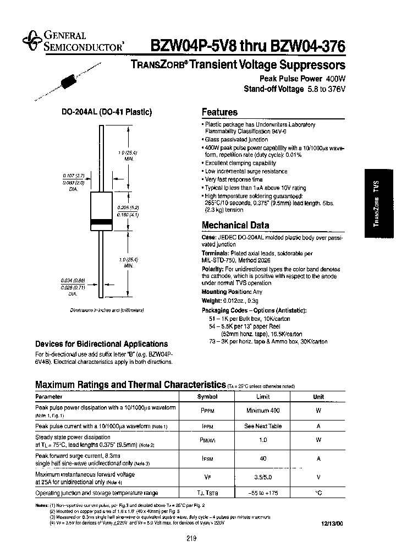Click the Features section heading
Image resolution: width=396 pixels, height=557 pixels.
coord(219,112)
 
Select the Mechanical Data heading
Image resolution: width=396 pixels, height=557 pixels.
coord(235,225)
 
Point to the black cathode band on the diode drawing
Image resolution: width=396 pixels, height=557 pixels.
coord(101,222)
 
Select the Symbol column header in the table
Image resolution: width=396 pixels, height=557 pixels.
coord(208,396)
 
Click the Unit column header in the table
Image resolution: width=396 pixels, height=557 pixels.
coord(318,396)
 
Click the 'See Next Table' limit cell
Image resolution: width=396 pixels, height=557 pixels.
coord(263,426)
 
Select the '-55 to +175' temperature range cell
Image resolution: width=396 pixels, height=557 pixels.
coord(263,493)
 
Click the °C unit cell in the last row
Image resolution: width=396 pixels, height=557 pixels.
coord(318,493)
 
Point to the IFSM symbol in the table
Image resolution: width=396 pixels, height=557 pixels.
coord(208,458)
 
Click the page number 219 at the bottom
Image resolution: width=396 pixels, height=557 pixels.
coord(191,538)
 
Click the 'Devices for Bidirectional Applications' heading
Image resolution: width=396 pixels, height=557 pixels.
coord(102,344)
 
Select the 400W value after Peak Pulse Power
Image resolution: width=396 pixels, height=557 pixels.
coord(335,79)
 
